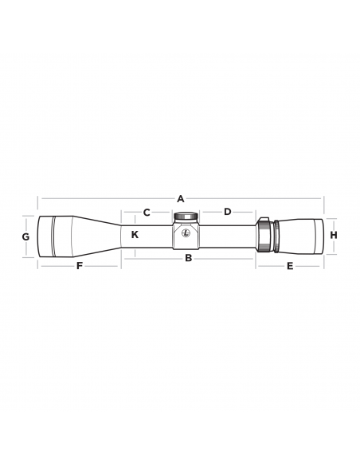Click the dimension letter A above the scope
coord(181,197)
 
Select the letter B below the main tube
coord(188,258)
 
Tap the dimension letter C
coord(147,212)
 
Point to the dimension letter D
coord(227,212)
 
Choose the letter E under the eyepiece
coord(290,265)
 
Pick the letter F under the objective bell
coord(79,265)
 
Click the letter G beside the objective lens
coord(25,236)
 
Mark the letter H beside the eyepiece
coord(334,235)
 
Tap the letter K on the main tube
coord(135,235)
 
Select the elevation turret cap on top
coord(186,216)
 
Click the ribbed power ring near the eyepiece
coord(264,236)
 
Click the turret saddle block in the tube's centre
coord(186,236)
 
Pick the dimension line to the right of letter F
coord(104,265)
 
